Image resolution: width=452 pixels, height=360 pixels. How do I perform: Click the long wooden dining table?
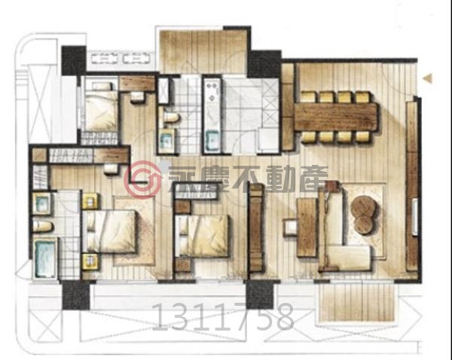pyautogui.click(x=336, y=117)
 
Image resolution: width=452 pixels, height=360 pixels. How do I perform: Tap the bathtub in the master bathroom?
pyautogui.click(x=45, y=258)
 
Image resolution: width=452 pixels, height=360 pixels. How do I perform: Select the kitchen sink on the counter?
pyautogui.click(x=213, y=140)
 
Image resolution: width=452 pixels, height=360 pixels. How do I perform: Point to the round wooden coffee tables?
pyautogui.click(x=364, y=215)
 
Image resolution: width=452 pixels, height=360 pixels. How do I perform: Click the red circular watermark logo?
pyautogui.click(x=143, y=179)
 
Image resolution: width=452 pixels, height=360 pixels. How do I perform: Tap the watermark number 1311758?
pyautogui.click(x=222, y=317)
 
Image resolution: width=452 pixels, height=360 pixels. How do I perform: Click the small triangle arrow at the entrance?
pyautogui.click(x=428, y=78)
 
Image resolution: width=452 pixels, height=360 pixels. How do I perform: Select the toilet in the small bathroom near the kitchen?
pyautogui.click(x=171, y=117)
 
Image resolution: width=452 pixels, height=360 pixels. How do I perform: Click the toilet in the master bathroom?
pyautogui.click(x=43, y=226)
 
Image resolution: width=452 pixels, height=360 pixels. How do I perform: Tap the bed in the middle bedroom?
pyautogui.click(x=203, y=236)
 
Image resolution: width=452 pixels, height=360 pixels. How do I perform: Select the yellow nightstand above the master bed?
pyautogui.click(x=90, y=201)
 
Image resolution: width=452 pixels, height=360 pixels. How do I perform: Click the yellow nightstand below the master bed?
pyautogui.click(x=90, y=261)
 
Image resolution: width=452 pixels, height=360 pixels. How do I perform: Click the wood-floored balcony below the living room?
pyautogui.click(x=356, y=302)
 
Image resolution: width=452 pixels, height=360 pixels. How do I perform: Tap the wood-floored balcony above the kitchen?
pyautogui.click(x=203, y=51)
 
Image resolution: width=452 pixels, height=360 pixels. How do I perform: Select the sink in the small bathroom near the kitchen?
pyautogui.click(x=166, y=141)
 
